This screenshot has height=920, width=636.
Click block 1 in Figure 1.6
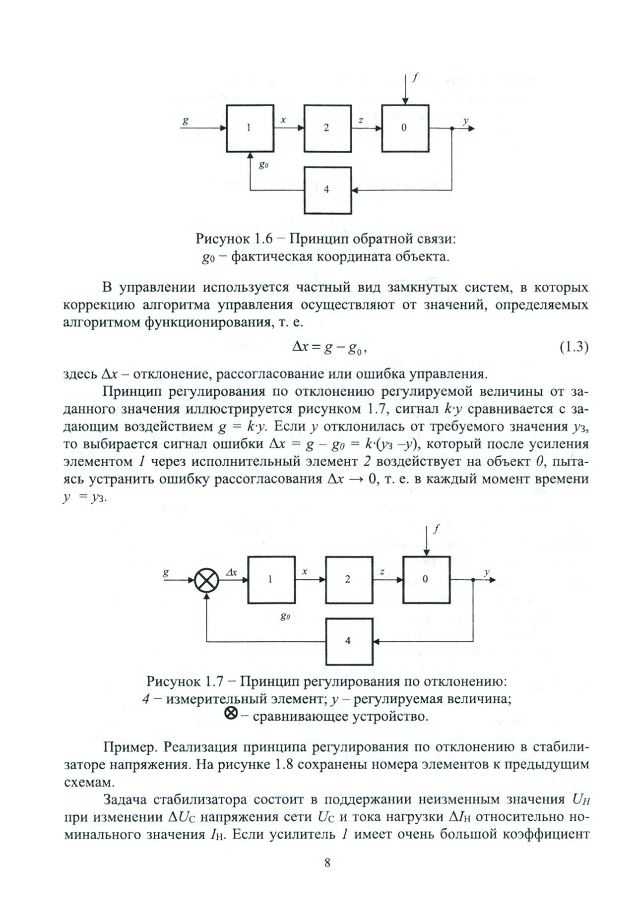[x=250, y=128]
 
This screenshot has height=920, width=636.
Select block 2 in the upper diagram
[x=326, y=128]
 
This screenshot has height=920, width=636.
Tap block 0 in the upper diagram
[x=404, y=128]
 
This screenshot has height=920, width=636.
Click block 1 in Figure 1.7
[x=271, y=579]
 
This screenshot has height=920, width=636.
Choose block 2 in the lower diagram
[x=348, y=579]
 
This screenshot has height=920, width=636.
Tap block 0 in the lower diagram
[x=426, y=579]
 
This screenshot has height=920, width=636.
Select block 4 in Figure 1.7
[x=348, y=641]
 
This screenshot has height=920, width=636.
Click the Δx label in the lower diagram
[x=231, y=571]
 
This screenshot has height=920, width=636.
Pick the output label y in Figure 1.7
[x=487, y=572]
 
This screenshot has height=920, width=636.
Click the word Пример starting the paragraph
[x=130, y=747]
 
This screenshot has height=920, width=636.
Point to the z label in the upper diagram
[x=361, y=120]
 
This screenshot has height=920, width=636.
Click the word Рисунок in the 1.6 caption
[x=222, y=239]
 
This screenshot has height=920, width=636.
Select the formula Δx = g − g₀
[x=328, y=348]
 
